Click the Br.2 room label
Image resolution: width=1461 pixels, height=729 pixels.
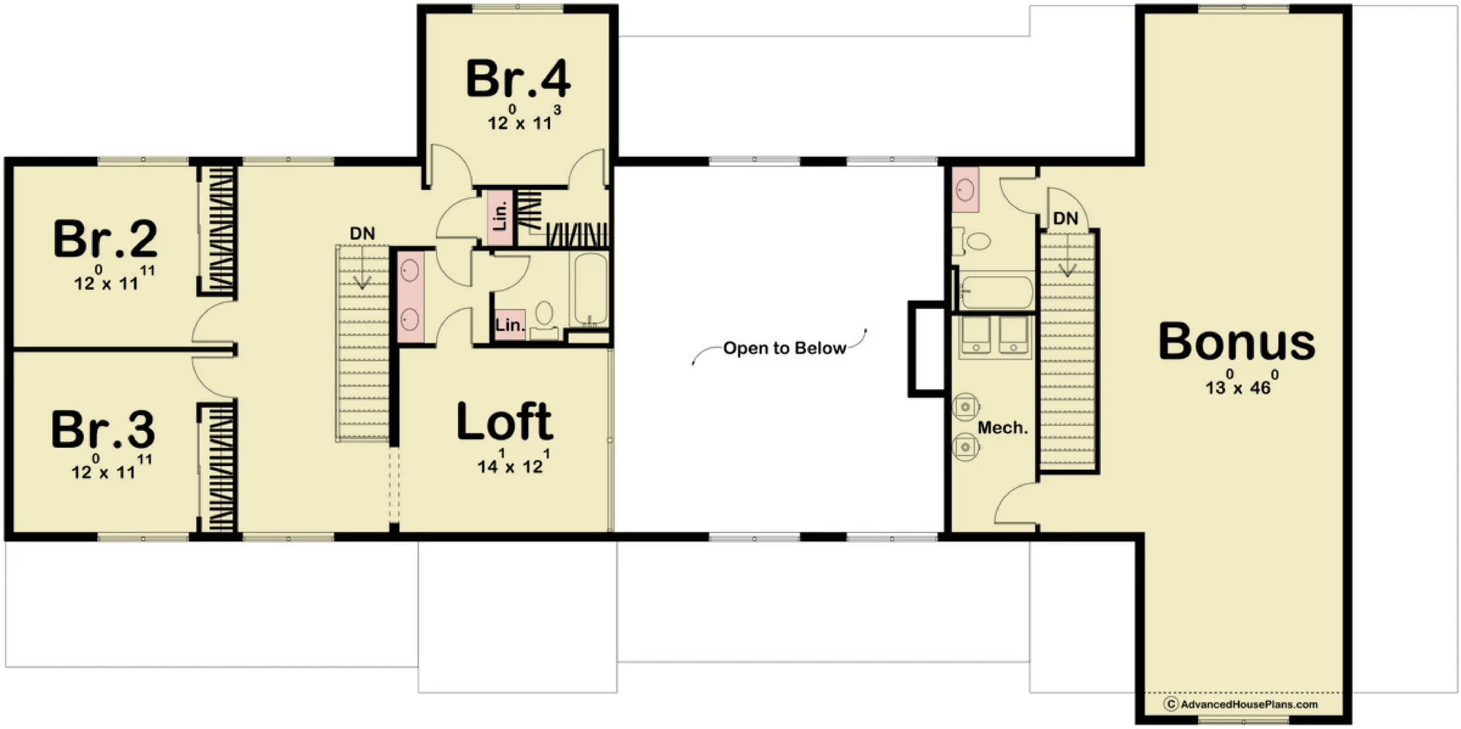tap(105, 238)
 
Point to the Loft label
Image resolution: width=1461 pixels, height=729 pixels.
tap(504, 421)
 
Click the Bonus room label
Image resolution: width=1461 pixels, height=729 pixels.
tap(1237, 341)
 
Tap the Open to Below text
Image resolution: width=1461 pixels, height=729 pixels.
tap(785, 348)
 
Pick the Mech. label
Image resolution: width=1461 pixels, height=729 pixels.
tap(1002, 428)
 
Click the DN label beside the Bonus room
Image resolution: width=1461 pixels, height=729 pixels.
tap(1065, 218)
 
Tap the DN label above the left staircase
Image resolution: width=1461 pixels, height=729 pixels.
tap(362, 234)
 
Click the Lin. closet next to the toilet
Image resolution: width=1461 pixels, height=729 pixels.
tap(510, 325)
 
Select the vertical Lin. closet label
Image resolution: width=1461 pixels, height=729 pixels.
tap(500, 217)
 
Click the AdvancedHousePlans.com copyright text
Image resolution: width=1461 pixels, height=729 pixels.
tap(1241, 704)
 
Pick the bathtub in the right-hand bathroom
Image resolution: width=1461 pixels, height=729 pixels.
tap(996, 291)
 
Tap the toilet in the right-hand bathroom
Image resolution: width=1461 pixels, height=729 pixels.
tap(973, 241)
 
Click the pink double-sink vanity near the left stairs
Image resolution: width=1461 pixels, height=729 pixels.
tap(411, 296)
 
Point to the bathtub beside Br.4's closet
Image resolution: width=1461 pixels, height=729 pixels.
tap(590, 289)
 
